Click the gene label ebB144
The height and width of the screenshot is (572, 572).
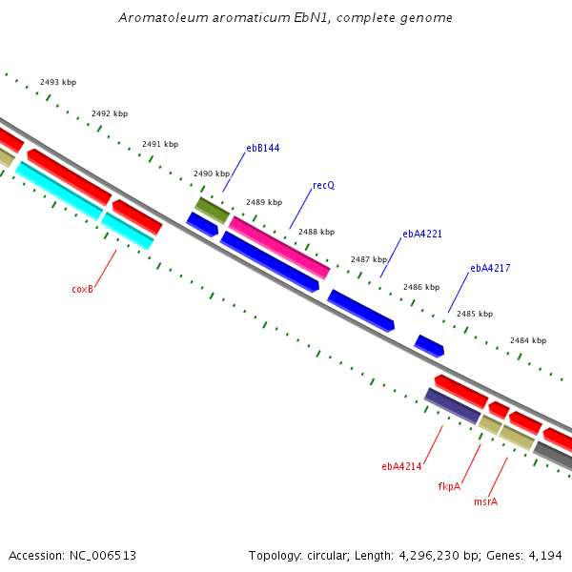click(x=263, y=148)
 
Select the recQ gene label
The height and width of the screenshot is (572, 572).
click(x=323, y=185)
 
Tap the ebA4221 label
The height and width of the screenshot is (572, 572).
click(x=422, y=234)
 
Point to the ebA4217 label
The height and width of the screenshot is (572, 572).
click(x=490, y=268)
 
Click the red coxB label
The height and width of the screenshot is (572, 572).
click(x=82, y=289)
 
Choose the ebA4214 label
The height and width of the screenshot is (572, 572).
click(x=401, y=466)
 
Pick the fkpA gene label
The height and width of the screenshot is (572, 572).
click(x=449, y=486)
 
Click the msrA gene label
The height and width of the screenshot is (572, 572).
click(x=485, y=502)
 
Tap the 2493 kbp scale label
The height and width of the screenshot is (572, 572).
click(x=58, y=82)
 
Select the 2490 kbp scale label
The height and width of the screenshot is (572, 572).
click(x=212, y=174)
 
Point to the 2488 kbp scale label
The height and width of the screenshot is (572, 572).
click(x=317, y=232)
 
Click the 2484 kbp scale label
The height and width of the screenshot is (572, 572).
click(x=528, y=340)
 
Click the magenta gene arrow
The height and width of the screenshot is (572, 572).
click(x=279, y=248)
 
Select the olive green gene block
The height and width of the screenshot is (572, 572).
click(x=212, y=211)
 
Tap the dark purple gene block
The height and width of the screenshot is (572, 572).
click(x=452, y=406)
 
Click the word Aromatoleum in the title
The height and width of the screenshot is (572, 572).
click(x=163, y=18)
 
